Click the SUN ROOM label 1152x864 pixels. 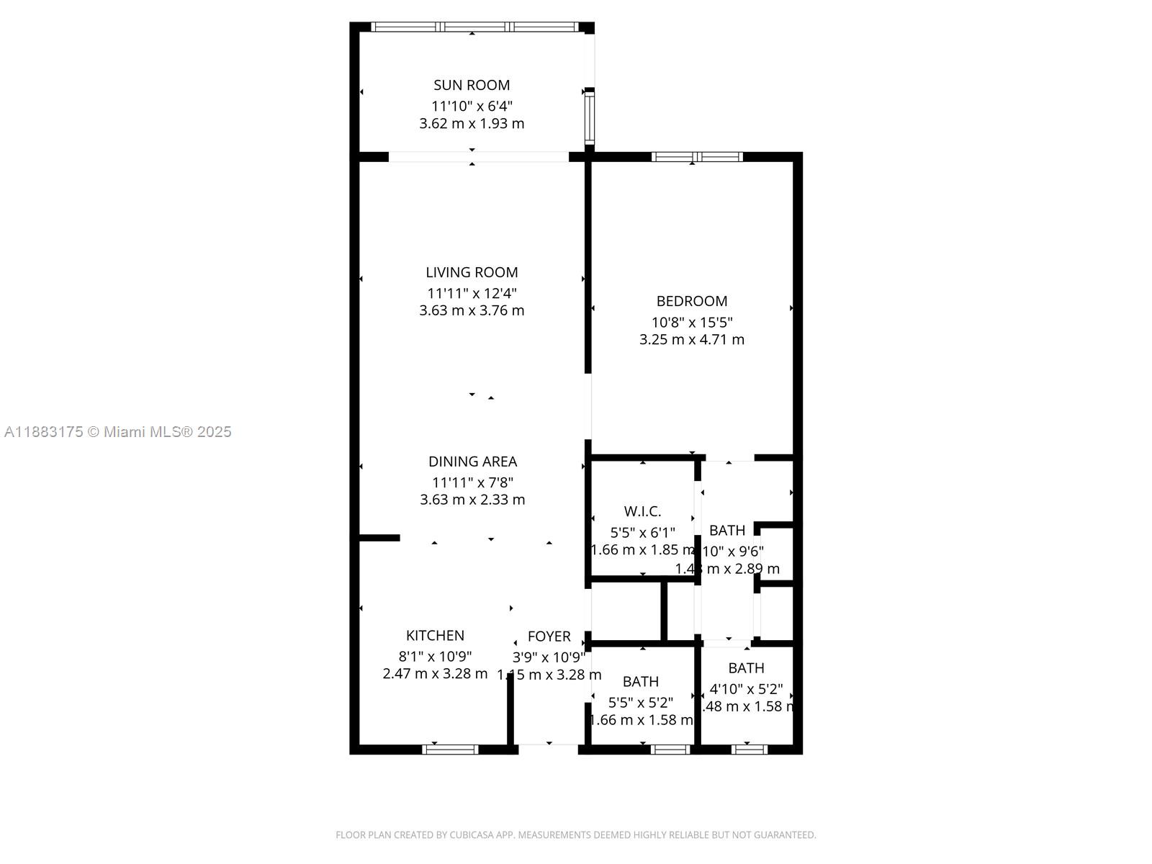coord(472,85)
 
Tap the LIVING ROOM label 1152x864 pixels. coord(472,272)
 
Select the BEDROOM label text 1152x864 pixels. coord(691,301)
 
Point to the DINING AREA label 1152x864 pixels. coord(472,462)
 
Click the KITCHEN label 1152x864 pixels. coord(435,635)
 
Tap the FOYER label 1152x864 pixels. coord(549,636)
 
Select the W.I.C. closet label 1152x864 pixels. coord(642,511)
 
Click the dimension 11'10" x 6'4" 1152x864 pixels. coord(472,105)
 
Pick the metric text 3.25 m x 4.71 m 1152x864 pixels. coord(691,339)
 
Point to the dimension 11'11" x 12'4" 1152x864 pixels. coord(472,293)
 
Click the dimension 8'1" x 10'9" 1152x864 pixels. coord(435,656)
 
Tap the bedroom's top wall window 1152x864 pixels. coord(696,156)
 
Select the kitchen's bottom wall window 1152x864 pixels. coord(450,750)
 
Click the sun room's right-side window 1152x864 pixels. coord(589,117)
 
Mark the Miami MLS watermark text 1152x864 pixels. coord(118,432)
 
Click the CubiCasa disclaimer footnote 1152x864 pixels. coord(575,835)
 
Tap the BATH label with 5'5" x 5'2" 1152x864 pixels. coord(640,681)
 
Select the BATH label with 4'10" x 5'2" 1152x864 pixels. coord(746,668)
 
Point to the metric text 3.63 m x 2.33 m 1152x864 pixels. coord(472,500)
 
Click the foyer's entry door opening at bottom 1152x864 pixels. coord(549,748)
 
